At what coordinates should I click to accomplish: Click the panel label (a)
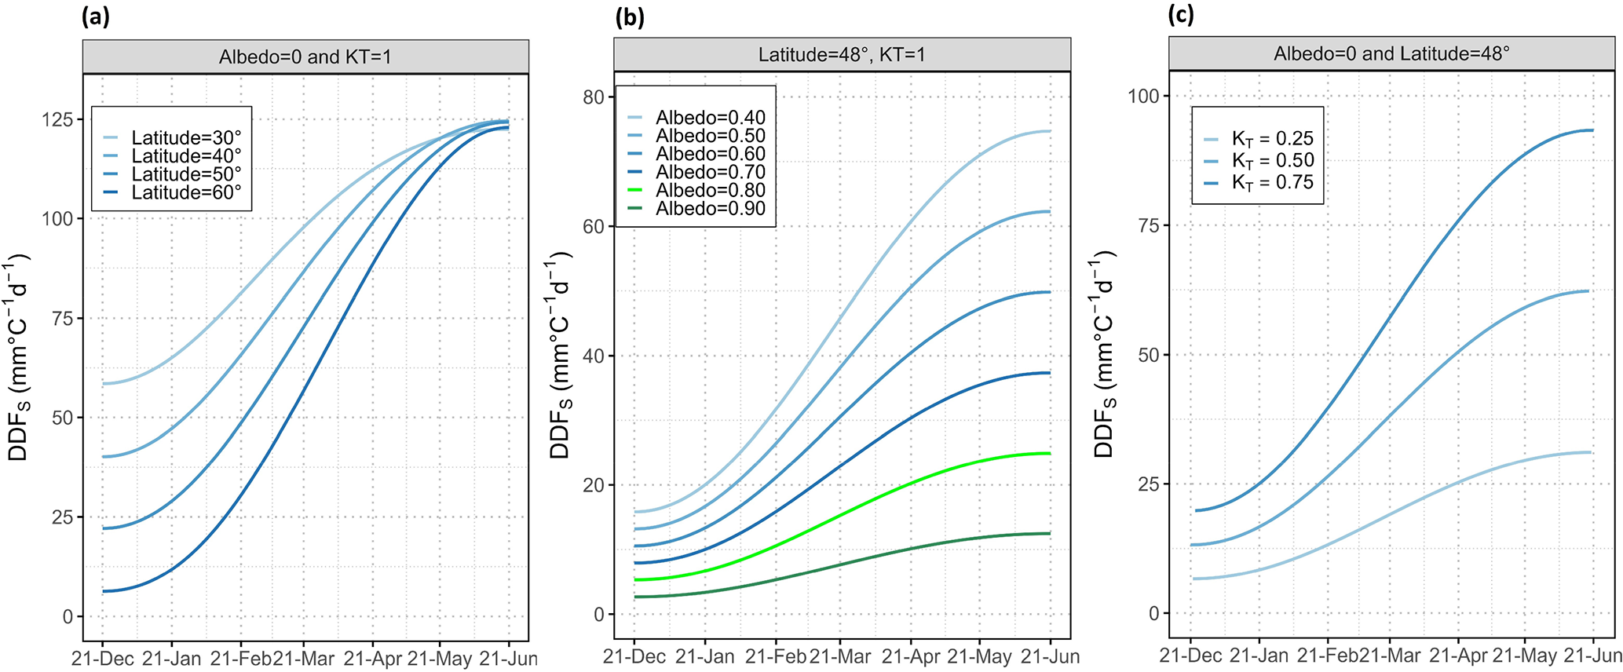[x=96, y=16]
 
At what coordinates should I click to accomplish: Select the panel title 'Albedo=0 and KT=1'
[x=305, y=57]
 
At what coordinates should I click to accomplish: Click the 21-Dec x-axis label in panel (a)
[x=102, y=658]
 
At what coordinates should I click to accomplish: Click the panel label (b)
[x=629, y=16]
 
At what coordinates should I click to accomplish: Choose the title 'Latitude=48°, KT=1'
[x=842, y=55]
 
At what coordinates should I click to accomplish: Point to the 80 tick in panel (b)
[x=594, y=97]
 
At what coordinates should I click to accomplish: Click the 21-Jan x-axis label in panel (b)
[x=705, y=656]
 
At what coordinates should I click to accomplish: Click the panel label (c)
[x=1182, y=15]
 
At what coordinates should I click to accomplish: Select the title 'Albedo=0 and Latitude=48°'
[x=1391, y=54]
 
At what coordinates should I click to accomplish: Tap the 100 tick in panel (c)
[x=1143, y=97]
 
